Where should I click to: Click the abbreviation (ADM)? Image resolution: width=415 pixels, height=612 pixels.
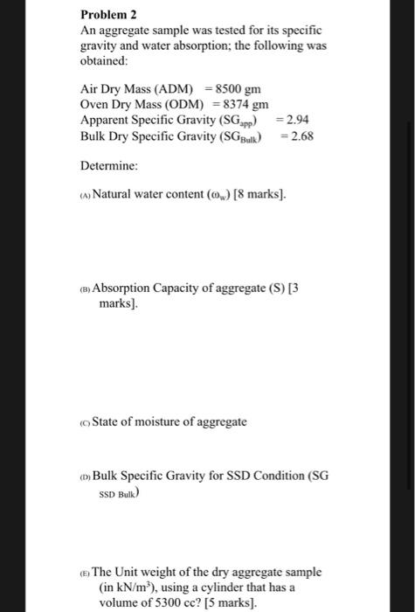click(183, 89)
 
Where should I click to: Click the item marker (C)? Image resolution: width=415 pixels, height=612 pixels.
click(85, 422)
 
